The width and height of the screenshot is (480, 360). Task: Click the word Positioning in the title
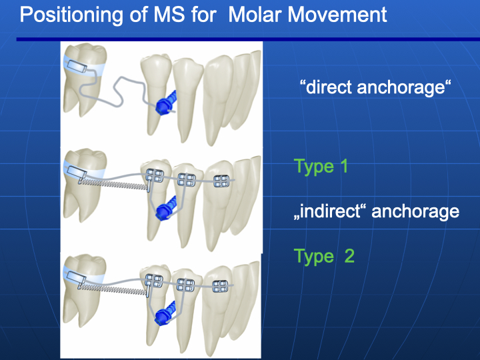click(71, 15)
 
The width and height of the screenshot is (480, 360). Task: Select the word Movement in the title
click(337, 15)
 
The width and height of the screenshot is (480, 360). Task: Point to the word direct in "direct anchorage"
click(329, 87)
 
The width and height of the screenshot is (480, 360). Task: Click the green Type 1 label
click(321, 167)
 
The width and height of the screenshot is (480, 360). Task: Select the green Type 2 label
click(324, 256)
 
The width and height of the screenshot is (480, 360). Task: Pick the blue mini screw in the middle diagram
click(166, 208)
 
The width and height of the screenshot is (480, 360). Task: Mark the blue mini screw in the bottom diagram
click(165, 313)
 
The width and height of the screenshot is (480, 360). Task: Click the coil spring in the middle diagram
click(113, 184)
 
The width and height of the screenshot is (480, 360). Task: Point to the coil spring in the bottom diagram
click(113, 289)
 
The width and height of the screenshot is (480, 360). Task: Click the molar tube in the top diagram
click(77, 67)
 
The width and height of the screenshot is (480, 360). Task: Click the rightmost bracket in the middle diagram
click(221, 181)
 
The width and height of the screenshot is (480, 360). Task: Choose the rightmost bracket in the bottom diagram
click(221, 287)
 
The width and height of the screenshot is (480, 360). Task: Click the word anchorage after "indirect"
click(415, 212)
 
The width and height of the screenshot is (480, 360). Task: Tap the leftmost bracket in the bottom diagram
click(154, 281)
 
